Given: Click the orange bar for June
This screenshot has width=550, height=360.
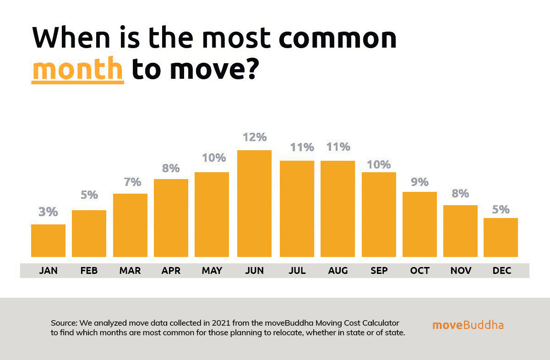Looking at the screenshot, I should tap(254, 203).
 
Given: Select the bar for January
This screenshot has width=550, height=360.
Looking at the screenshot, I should tap(48, 240).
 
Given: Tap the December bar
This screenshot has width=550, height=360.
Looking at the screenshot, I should tap(501, 237).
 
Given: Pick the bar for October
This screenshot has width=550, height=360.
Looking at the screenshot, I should tap(419, 224).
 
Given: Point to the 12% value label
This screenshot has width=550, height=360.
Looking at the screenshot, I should tap(255, 137).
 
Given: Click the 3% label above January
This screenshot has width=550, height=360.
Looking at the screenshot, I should tap(48, 212).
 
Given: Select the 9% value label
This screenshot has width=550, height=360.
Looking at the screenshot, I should tap(419, 182).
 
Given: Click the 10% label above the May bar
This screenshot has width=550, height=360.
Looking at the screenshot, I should tap(213, 158).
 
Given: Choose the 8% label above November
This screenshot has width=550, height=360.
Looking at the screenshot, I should tap(460, 193).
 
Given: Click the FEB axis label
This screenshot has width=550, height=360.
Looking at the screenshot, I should tap(89, 271).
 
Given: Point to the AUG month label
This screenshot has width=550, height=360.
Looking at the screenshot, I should tap(338, 271).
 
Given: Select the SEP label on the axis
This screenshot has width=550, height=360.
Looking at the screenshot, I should tap(379, 271).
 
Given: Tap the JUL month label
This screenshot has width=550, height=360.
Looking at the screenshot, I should tap(297, 271).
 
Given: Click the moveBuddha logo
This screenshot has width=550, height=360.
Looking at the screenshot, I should tap(468, 325).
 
